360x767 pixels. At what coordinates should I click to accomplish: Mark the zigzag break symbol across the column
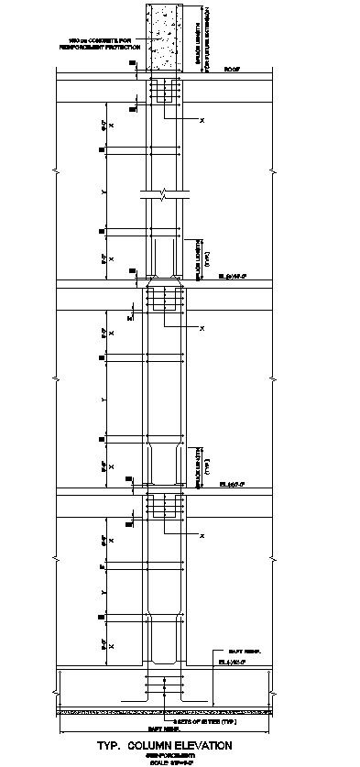[x=163, y=194]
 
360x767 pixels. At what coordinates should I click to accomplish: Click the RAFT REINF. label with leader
[x=240, y=650]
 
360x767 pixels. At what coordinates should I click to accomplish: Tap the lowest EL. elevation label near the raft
[x=229, y=661]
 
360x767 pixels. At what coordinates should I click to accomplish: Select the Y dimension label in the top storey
[x=104, y=192]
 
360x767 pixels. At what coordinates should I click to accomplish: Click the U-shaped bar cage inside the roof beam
[x=166, y=93]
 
